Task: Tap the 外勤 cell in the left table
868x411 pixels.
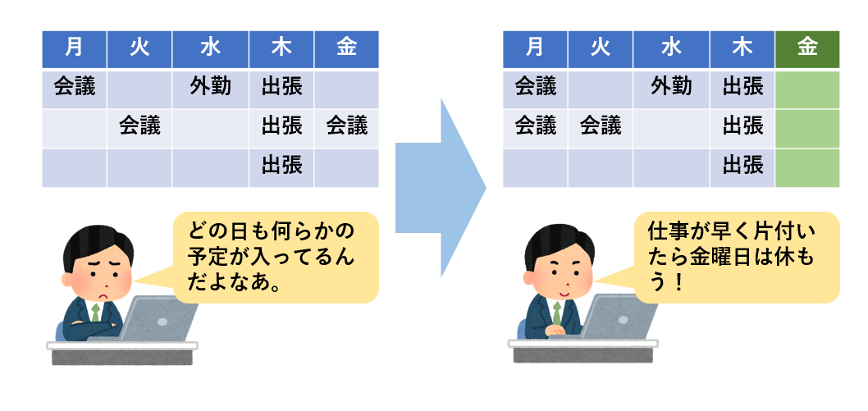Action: tap(210, 87)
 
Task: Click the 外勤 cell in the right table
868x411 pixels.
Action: tap(671, 87)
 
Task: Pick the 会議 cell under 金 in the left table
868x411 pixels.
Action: tap(346, 126)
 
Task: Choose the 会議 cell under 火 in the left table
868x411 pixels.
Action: tap(139, 126)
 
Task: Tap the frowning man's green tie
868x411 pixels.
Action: tap(96, 313)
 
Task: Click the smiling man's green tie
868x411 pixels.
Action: tap(557, 313)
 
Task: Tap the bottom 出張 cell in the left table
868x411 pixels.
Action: tap(282, 167)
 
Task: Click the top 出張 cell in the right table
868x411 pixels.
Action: tap(743, 87)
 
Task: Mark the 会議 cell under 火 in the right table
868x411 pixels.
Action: tap(601, 126)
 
